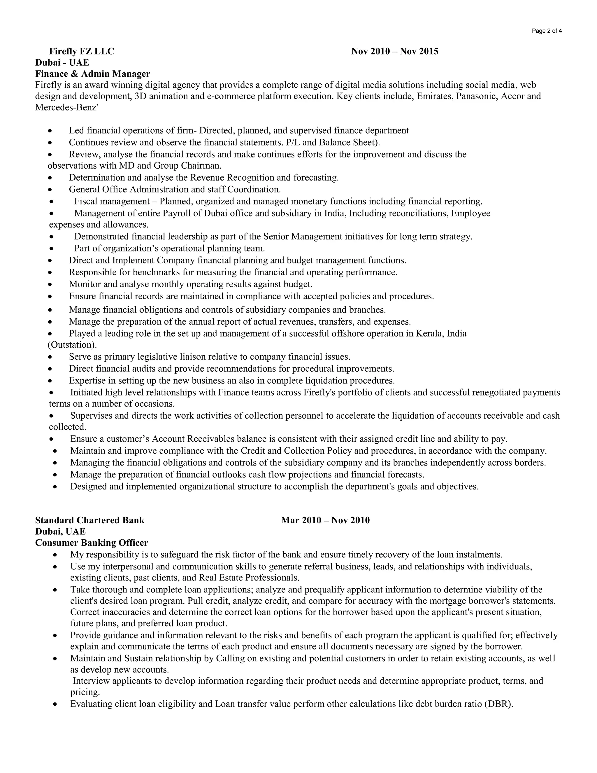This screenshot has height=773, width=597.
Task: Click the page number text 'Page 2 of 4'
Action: click(547, 31)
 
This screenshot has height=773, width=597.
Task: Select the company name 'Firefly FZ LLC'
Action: click(81, 51)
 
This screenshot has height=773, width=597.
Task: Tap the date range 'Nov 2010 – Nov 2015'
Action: click(395, 51)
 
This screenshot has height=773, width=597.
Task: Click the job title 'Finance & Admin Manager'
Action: click(93, 74)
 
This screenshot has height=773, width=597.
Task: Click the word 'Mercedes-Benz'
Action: click(65, 108)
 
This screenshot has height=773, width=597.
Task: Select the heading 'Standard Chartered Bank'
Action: click(90, 520)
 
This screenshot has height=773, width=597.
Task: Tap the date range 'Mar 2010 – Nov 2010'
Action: click(325, 520)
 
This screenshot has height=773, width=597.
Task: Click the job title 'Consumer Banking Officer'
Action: click(92, 543)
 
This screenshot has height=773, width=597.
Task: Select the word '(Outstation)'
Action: click(72, 345)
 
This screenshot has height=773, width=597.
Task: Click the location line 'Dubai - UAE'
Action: click(62, 63)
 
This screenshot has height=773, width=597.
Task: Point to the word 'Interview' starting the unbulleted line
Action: click(91, 681)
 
